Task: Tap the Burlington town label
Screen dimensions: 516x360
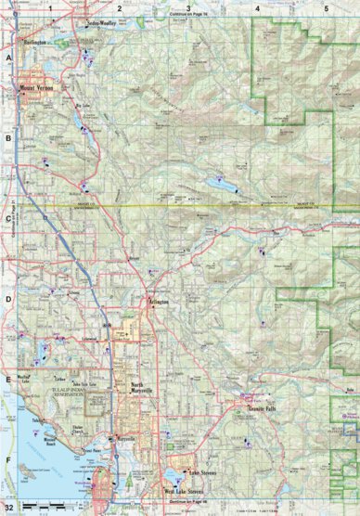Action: pyautogui.click(x=36, y=43)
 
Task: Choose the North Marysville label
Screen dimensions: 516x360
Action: pyautogui.click(x=144, y=389)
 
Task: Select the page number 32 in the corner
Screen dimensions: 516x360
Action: pyautogui.click(x=8, y=509)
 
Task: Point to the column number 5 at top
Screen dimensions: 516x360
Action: pyautogui.click(x=326, y=7)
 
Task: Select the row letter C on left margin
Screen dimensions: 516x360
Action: pyautogui.click(x=7, y=219)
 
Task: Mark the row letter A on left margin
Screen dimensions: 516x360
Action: pyautogui.click(x=7, y=58)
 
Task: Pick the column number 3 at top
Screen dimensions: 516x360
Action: pyautogui.click(x=188, y=7)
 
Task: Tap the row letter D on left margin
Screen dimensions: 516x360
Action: pyautogui.click(x=7, y=299)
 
